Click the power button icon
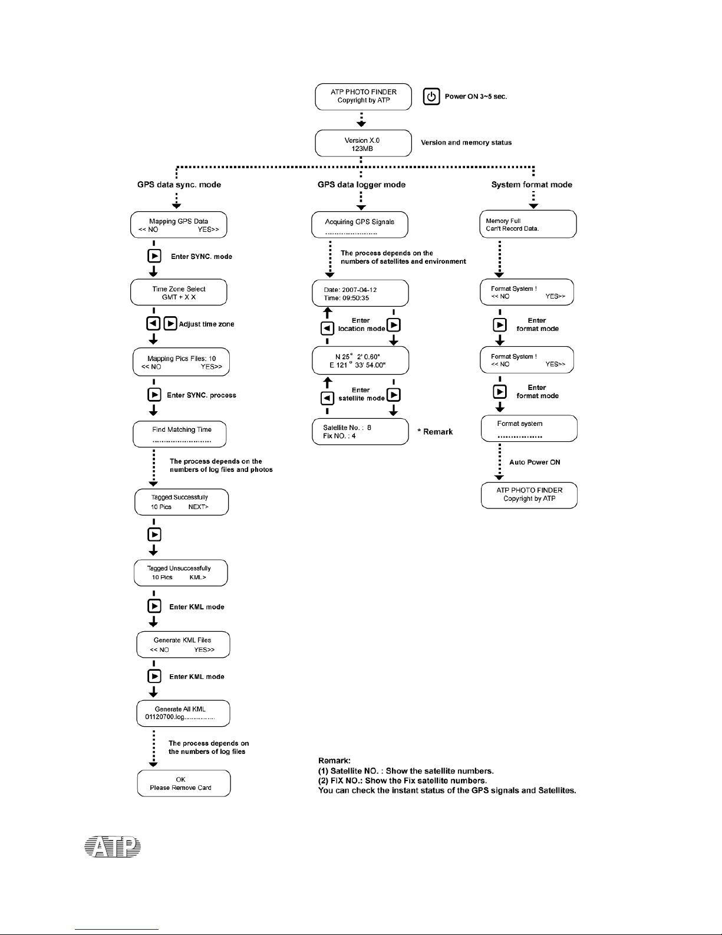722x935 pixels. pos(431,96)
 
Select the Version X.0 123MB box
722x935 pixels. pos(363,143)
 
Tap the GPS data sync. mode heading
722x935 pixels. pos(179,185)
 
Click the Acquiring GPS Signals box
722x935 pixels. pos(360,225)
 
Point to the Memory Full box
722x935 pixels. pos(528,224)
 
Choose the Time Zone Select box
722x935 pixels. pos(179,292)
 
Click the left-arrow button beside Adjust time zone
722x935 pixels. pos(153,323)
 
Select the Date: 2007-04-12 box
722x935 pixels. pos(360,293)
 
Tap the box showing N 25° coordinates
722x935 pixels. pos(360,360)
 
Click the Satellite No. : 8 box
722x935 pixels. pos(360,432)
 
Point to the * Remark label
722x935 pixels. pos(435,432)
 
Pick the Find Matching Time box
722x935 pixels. pos(180,434)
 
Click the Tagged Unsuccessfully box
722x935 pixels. pos(180,573)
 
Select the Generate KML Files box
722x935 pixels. pos(183,645)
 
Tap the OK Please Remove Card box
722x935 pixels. pos(184,783)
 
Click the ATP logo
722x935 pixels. pos(113,847)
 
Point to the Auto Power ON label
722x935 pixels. pos(535,462)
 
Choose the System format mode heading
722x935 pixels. pos(532,185)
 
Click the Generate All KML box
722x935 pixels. pos(183,713)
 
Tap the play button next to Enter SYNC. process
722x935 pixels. pos(154,395)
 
